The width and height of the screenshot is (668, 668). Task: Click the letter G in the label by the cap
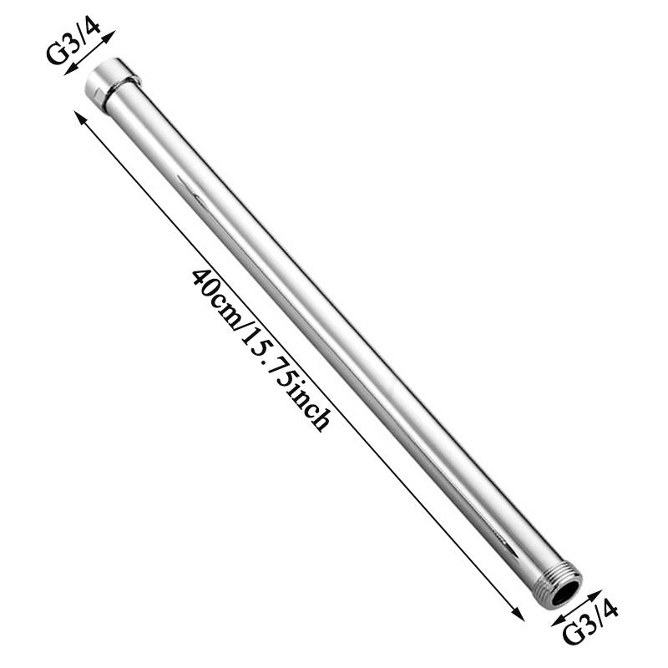coord(55,55)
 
